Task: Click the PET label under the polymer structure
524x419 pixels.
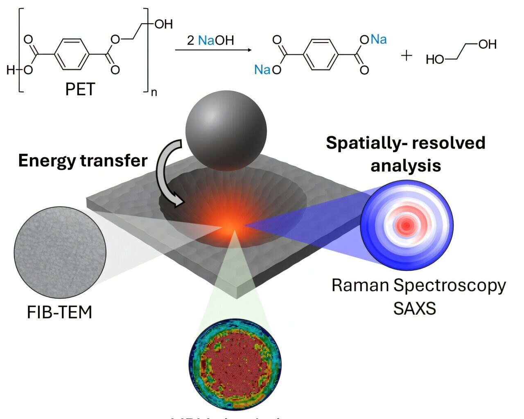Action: [80, 88]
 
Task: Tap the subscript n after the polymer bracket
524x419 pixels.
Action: [154, 92]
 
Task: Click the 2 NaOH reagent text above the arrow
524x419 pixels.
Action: [210, 40]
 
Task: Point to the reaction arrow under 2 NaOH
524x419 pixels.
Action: [213, 50]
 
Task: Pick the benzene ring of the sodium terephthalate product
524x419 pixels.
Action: [321, 54]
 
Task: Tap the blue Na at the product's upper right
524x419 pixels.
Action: [379, 40]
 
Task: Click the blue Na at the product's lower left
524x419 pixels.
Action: [262, 70]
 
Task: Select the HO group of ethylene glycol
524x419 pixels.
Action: [435, 60]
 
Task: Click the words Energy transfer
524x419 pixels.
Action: [83, 160]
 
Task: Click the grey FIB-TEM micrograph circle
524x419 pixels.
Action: [60, 252]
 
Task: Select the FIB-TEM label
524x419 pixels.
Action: [59, 312]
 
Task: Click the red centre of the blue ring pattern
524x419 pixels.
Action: [407, 224]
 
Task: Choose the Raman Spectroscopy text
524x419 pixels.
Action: [418, 285]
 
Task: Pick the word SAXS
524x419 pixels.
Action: [414, 308]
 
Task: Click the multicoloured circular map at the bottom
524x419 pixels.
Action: [235, 364]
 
